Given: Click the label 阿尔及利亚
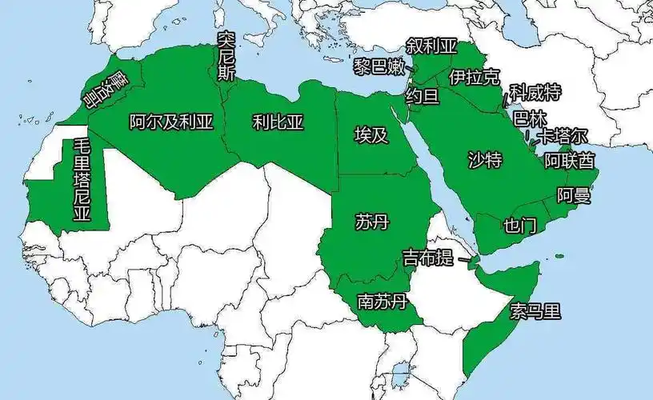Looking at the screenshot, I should point(171,122).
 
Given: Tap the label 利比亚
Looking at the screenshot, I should point(278,122).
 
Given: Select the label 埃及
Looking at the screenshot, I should point(371,134).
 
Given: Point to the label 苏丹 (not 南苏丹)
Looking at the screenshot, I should point(371,222).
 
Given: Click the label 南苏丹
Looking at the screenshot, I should point(383,302).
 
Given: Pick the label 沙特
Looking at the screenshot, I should point(484,160).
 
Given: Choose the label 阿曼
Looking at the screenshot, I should point(573,195).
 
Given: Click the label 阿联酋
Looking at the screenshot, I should point(570,161).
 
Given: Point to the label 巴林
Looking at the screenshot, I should point(528,118).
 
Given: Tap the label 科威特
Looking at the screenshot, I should point(535,92).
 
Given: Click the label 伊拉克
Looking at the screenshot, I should point(474,78).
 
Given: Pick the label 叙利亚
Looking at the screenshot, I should point(431,45).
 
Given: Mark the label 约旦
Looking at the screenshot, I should point(423,97).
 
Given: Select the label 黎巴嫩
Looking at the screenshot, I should point(379,67).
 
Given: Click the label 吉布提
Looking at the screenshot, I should point(427,258).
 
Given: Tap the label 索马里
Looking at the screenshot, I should point(536,311).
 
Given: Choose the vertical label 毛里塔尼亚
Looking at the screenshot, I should point(82,180).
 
